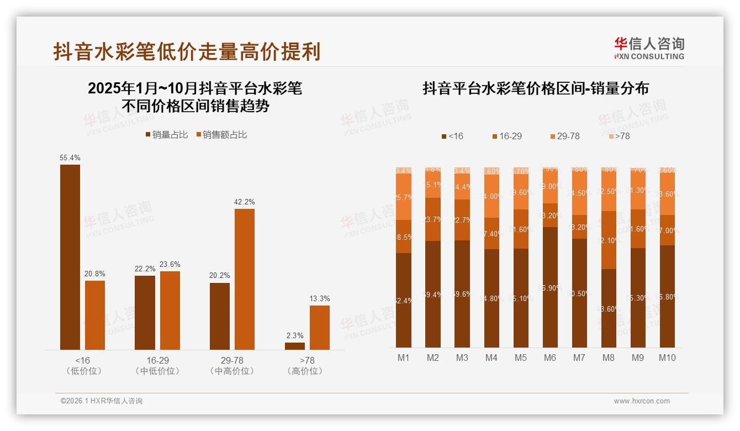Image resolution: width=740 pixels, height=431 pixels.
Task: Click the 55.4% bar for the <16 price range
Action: (70, 257)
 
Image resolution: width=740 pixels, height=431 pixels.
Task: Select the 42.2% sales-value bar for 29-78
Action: (245, 279)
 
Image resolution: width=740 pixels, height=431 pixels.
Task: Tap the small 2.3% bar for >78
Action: (295, 346)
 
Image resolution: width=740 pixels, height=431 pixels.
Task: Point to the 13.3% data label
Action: (320, 299)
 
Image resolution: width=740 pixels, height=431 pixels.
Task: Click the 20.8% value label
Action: (95, 274)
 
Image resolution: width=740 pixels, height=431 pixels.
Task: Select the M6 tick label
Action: (549, 358)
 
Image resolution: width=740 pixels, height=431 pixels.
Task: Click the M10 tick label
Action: (667, 358)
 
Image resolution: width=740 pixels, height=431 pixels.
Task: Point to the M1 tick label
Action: (404, 358)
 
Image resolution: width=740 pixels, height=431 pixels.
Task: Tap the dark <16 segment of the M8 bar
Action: (608, 308)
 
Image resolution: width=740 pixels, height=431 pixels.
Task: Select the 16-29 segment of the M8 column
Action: (608, 240)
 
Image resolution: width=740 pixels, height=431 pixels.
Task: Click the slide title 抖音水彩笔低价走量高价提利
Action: (187, 52)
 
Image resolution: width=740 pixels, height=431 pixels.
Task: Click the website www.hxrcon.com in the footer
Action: (642, 401)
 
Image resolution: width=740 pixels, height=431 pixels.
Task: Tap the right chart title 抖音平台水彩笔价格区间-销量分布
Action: (536, 88)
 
